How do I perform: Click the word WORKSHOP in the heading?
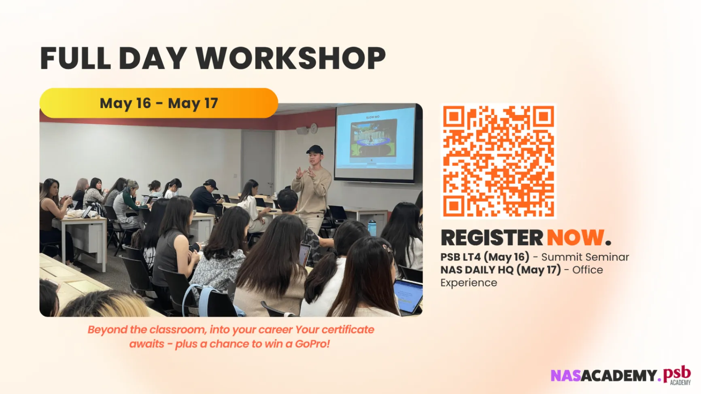[x=291, y=58]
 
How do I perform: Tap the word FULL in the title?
[x=75, y=58]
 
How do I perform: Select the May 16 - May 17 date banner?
[x=159, y=103]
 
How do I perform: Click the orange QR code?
[x=499, y=161]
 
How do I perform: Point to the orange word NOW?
[x=576, y=237]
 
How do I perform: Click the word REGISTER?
[x=492, y=237]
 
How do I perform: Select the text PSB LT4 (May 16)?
[x=485, y=257]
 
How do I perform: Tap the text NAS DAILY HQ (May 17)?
[x=501, y=270]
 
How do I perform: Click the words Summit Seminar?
[x=585, y=257]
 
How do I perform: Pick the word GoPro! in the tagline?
[x=312, y=344]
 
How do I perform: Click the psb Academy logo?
[x=677, y=375]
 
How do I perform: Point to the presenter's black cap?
[x=314, y=150]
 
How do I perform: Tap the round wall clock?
[x=314, y=129]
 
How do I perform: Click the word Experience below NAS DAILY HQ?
[x=469, y=283]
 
